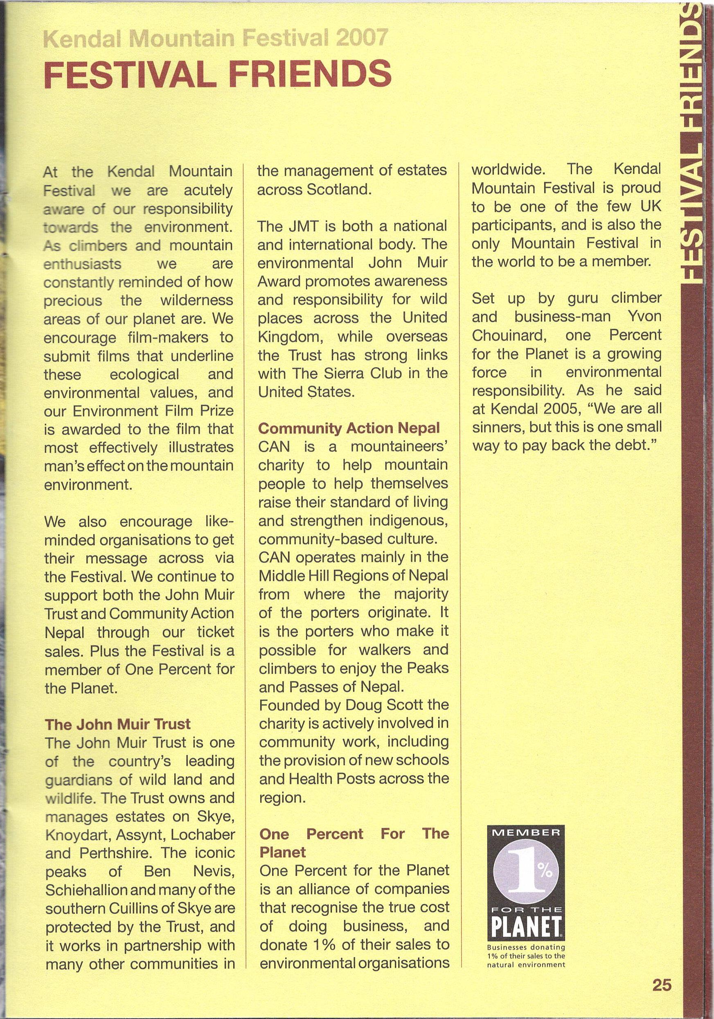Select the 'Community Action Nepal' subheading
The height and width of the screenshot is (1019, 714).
(x=349, y=428)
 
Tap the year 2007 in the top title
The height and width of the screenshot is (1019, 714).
(x=362, y=39)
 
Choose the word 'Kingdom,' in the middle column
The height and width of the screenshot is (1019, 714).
(x=291, y=336)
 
